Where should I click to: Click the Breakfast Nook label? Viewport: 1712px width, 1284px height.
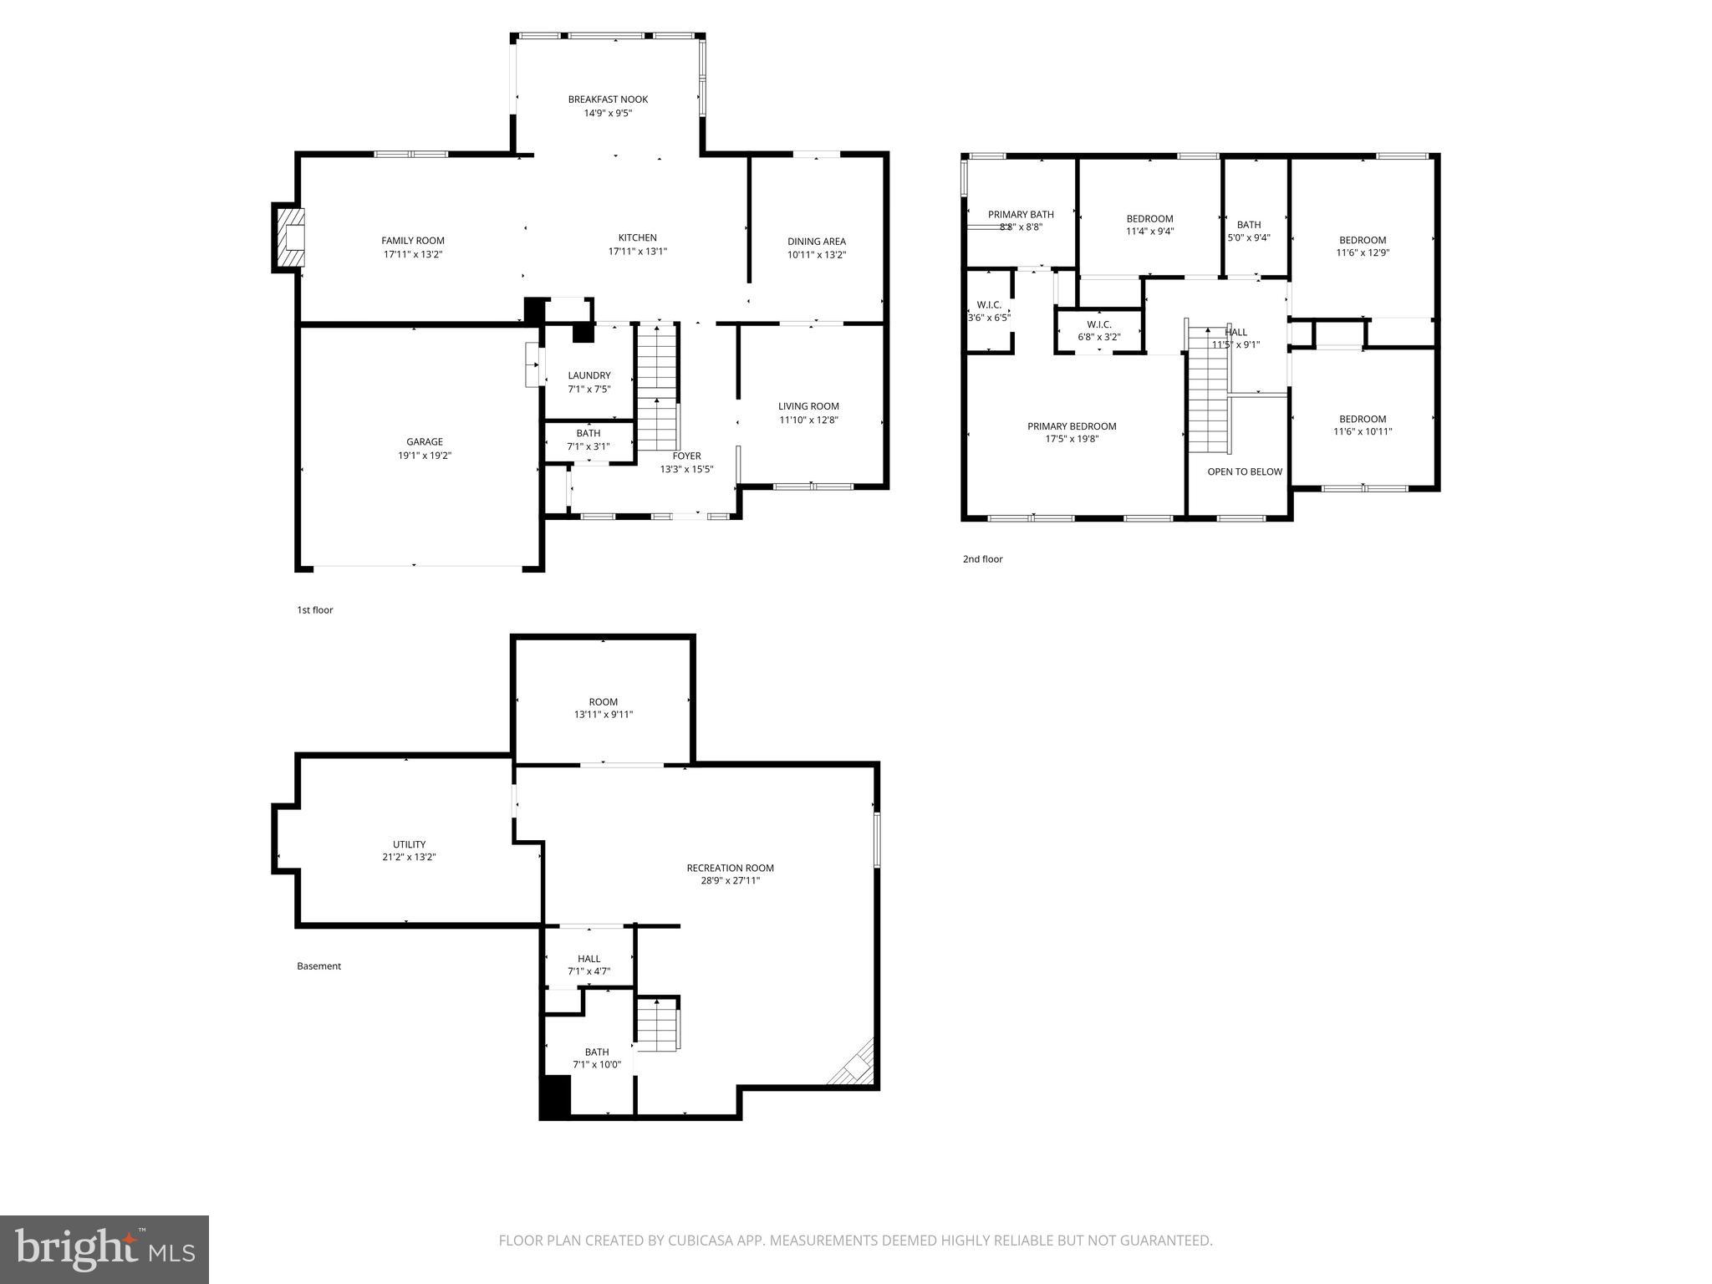pyautogui.click(x=608, y=99)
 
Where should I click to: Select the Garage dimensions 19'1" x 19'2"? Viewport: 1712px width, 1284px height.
pyautogui.click(x=425, y=456)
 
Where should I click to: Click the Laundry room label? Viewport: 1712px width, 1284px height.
pyautogui.click(x=589, y=375)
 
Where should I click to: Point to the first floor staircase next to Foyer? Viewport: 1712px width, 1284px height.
pyautogui.click(x=657, y=389)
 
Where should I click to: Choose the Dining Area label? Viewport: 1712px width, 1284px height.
pyautogui.click(x=816, y=242)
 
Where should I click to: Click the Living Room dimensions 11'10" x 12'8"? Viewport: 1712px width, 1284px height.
pyautogui.click(x=808, y=420)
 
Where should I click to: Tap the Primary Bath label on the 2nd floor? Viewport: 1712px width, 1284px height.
pyautogui.click(x=1021, y=215)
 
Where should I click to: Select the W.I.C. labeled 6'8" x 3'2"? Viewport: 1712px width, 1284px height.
pyautogui.click(x=1099, y=330)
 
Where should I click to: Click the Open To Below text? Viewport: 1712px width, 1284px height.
pyautogui.click(x=1244, y=471)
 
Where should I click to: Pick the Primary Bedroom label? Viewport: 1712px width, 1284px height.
pyautogui.click(x=1072, y=426)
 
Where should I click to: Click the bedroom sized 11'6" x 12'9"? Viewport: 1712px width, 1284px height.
pyautogui.click(x=1363, y=246)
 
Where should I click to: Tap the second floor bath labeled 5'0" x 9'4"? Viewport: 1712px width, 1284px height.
pyautogui.click(x=1249, y=231)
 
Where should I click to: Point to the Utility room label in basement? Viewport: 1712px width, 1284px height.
pyautogui.click(x=409, y=844)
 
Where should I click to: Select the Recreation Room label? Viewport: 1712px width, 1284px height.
pyautogui.click(x=730, y=868)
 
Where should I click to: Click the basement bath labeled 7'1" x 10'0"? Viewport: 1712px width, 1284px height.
pyautogui.click(x=597, y=1057)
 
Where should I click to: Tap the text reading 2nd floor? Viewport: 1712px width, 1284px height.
pyautogui.click(x=982, y=559)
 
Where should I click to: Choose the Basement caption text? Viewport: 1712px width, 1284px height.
pyautogui.click(x=318, y=966)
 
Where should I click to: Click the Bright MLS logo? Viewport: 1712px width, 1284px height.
pyautogui.click(x=104, y=1249)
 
